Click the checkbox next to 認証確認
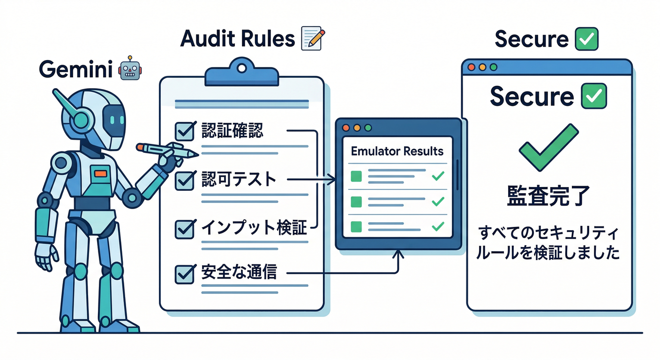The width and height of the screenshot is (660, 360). tap(185, 131)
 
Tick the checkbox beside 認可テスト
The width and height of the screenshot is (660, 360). tap(185, 180)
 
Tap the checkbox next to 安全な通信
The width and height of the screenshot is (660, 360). tap(185, 274)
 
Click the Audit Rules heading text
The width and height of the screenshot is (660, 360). tap(238, 39)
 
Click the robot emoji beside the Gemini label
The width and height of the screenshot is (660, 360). tap(130, 69)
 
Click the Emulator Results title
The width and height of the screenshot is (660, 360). tap(397, 151)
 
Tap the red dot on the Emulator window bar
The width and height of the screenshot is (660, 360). tap(347, 127)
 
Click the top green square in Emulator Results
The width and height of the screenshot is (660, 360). tap(357, 176)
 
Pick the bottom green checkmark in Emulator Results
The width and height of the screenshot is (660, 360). tap(437, 226)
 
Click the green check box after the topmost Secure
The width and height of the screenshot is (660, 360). tap(586, 39)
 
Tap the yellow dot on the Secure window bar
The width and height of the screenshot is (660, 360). tap(483, 67)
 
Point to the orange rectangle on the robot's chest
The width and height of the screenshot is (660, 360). tap(100, 174)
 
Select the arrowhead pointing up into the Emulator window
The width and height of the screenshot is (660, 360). tap(398, 254)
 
